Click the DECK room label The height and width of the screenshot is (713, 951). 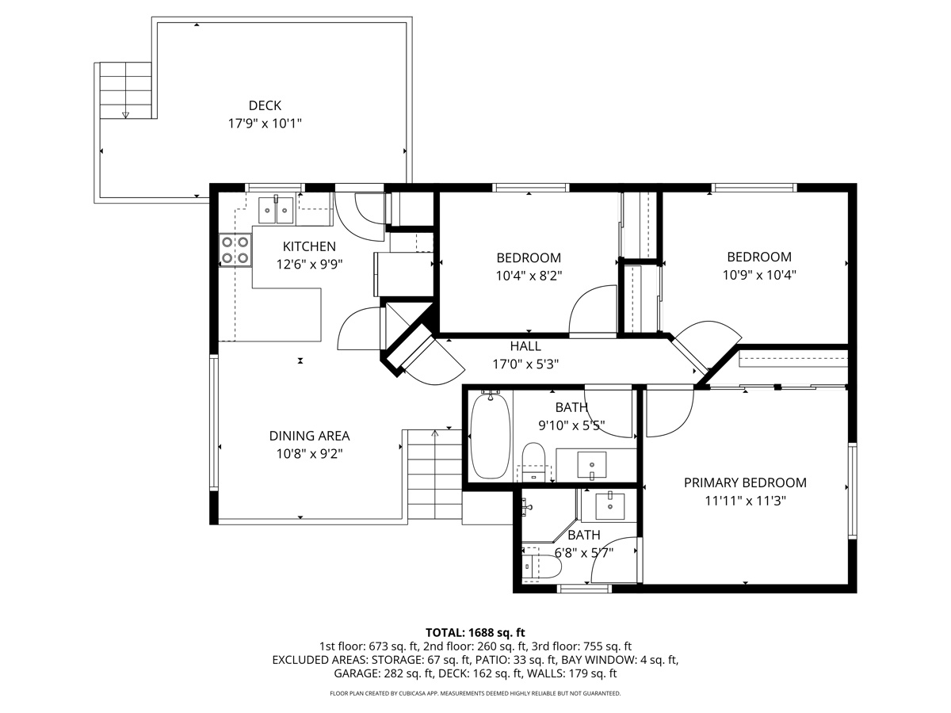click(265, 105)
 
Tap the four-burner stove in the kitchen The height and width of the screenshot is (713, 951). click(235, 250)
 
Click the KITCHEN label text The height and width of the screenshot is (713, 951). click(309, 246)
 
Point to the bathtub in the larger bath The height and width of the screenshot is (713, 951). click(491, 437)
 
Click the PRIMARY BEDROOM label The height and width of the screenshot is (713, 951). click(745, 482)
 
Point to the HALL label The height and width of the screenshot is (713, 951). click(525, 346)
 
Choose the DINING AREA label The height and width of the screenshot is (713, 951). click(309, 436)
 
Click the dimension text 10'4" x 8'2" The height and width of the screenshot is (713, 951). click(529, 276)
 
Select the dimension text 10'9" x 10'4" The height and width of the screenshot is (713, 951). click(759, 275)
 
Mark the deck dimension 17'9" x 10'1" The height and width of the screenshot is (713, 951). click(265, 124)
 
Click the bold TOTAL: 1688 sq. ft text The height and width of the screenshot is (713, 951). click(475, 632)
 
